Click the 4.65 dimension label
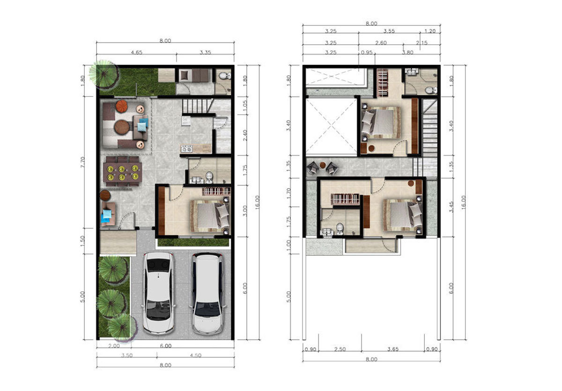pyautogui.click(x=136, y=52)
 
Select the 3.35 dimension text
pyautogui.click(x=205, y=52)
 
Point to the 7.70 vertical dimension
pyautogui.click(x=83, y=162)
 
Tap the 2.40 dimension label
pyautogui.click(x=245, y=135)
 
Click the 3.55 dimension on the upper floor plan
pyautogui.click(x=389, y=31)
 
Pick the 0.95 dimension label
pyautogui.click(x=367, y=52)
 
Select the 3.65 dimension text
pyautogui.click(x=392, y=349)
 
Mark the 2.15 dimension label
pyautogui.click(x=422, y=43)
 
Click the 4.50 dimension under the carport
pyautogui.click(x=195, y=355)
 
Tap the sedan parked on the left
pyautogui.click(x=158, y=293)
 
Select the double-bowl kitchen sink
pyautogui.click(x=186, y=150)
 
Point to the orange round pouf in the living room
pyautogui.click(x=122, y=106)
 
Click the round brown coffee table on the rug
pyautogui.click(x=122, y=127)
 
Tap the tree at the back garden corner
pyautogui.click(x=104, y=74)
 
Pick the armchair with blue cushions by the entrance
pyautogui.click(x=108, y=214)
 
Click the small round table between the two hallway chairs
pyautogui.click(x=323, y=165)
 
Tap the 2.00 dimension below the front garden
pyautogui.click(x=114, y=346)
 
